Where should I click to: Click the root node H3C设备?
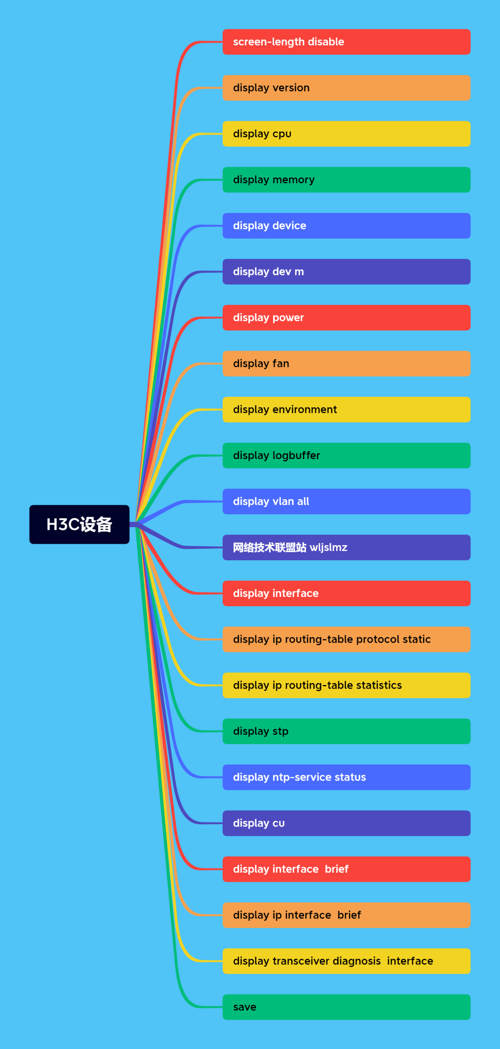[x=79, y=524]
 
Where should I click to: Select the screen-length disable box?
[x=346, y=42]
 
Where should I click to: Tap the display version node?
[x=346, y=88]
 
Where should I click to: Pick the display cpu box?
[x=346, y=134]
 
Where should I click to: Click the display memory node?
[x=346, y=180]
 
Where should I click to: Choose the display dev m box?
[x=346, y=272]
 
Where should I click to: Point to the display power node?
[x=346, y=317]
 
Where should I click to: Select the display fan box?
[x=346, y=364]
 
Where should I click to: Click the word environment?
[x=305, y=410]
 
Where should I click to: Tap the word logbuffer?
[x=296, y=455]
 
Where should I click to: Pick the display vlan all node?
[x=346, y=502]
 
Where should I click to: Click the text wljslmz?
[x=328, y=547]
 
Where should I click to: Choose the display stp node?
[x=346, y=731]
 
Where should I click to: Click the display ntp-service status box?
[x=346, y=777]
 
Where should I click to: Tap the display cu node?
[x=346, y=823]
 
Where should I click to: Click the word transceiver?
[x=301, y=961]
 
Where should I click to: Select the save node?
[x=346, y=1007]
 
